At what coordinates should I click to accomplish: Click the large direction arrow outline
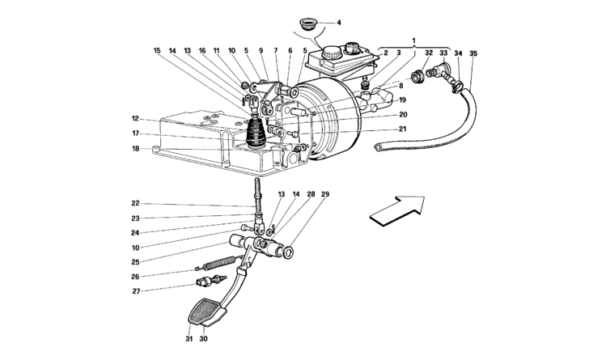[398, 210]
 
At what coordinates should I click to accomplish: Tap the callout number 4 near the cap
[339, 23]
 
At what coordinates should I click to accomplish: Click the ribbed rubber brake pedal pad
[205, 311]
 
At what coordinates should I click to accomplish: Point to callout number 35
[473, 53]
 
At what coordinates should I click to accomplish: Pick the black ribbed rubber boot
[255, 133]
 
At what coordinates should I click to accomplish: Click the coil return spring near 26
[218, 264]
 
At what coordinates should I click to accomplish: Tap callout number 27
[137, 291]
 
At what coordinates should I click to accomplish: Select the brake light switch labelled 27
[211, 281]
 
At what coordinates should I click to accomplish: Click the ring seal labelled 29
[288, 252]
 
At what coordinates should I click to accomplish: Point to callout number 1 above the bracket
[414, 40]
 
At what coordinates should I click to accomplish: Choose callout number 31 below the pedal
[189, 339]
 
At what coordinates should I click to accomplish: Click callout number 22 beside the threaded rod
[135, 203]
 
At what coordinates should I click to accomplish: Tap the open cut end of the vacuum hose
[378, 146]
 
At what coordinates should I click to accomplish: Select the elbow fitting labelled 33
[439, 70]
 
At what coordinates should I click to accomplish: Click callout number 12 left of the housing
[135, 119]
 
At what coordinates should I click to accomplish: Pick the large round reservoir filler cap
[331, 52]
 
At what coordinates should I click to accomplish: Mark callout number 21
[403, 129]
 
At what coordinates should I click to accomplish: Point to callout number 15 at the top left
[156, 51]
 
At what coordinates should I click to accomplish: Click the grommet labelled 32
[417, 76]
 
